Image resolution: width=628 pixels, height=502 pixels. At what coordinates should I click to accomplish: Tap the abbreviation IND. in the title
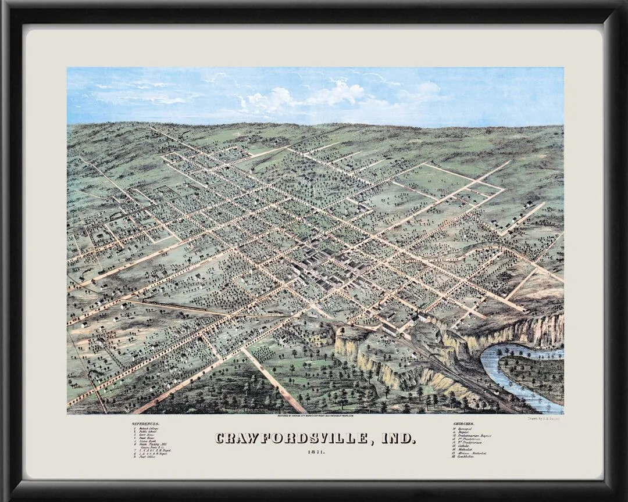[398, 438]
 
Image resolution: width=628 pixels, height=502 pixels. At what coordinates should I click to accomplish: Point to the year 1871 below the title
[316, 452]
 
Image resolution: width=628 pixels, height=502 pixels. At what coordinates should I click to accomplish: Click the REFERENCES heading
[145, 424]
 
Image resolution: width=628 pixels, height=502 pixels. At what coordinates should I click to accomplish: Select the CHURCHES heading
[463, 424]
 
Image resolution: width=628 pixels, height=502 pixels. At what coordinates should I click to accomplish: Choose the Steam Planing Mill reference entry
[152, 444]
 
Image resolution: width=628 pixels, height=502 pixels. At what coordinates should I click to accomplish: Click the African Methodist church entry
[472, 453]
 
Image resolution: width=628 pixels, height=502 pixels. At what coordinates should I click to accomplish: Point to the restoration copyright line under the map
[316, 416]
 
